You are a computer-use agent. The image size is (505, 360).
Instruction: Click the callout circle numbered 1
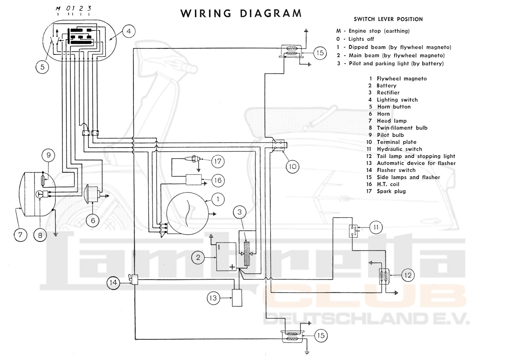[x=218, y=198]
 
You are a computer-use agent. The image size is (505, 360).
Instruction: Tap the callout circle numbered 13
[x=214, y=298]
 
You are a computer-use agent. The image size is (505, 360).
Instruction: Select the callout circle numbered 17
[x=218, y=161]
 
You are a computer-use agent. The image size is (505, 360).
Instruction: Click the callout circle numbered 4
[x=129, y=31]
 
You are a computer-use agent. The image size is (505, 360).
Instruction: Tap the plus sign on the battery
[x=232, y=267]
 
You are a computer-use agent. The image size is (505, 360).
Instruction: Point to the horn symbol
[x=93, y=194]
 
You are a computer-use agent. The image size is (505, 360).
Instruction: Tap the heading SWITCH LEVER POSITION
[x=388, y=19]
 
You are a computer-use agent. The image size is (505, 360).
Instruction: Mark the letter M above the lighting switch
[x=58, y=8]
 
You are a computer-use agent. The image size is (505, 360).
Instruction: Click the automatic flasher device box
[x=239, y=298]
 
